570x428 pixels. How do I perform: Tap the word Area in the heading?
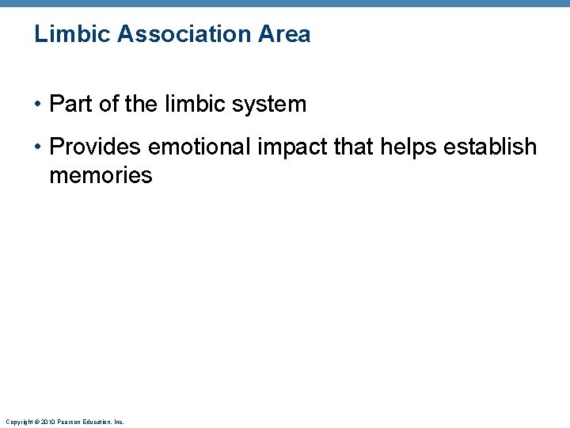click(288, 35)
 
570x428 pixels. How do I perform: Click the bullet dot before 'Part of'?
click(39, 105)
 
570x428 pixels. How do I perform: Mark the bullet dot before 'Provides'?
click(39, 147)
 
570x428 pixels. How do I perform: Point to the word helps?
click(409, 147)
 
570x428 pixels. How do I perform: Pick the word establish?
click(494, 147)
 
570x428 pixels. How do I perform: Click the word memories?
click(101, 175)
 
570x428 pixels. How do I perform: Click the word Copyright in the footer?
click(15, 422)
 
